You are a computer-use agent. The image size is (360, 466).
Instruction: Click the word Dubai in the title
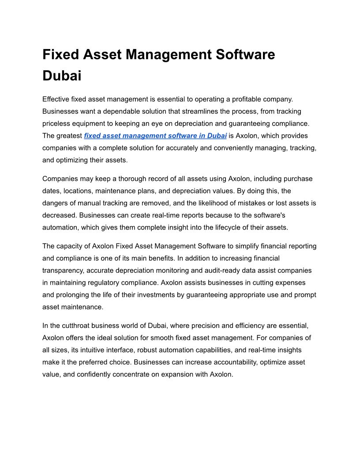pyautogui.click(x=62, y=75)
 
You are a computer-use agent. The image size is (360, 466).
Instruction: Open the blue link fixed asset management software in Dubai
pyautogui.click(x=155, y=135)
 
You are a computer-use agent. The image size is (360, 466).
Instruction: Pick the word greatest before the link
pyautogui.click(x=69, y=135)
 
